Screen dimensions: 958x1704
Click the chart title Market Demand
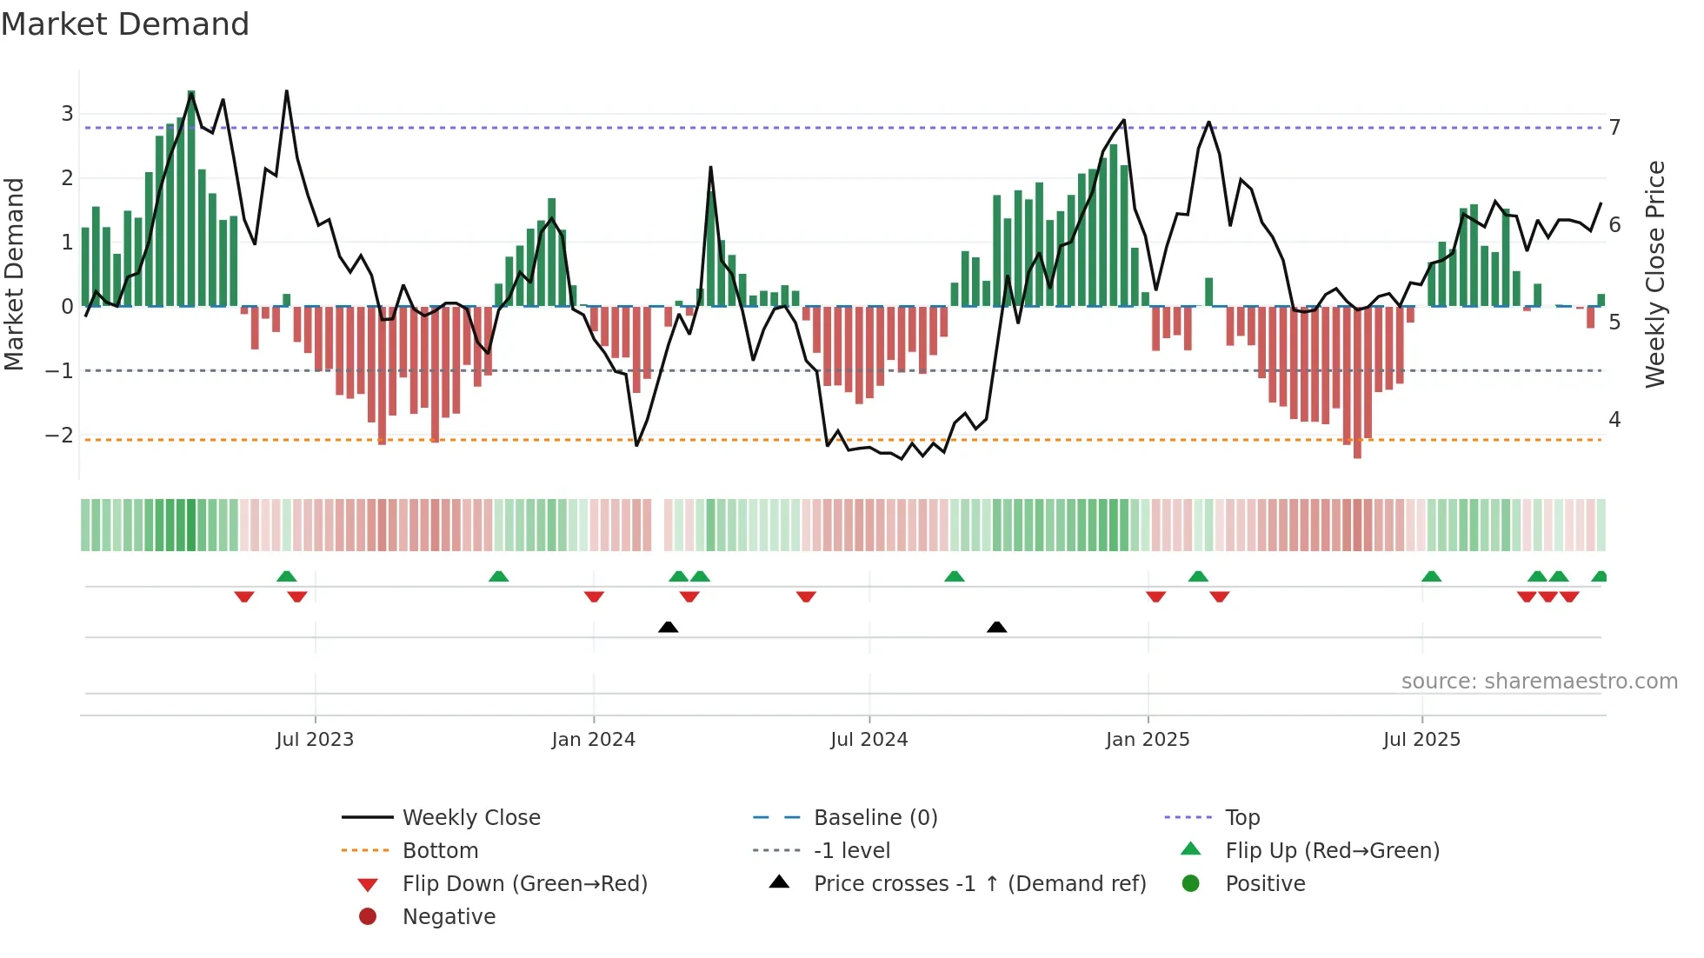click(x=125, y=24)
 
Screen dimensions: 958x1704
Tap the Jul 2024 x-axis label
click(x=869, y=740)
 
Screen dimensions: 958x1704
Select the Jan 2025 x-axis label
click(x=1147, y=740)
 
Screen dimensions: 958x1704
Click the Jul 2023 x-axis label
click(x=315, y=740)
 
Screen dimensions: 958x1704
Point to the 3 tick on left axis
click(x=67, y=113)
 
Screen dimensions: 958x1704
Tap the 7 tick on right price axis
click(x=1614, y=127)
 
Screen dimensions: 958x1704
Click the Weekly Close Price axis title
click(x=1655, y=274)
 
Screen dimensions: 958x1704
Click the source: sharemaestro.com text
click(x=1539, y=681)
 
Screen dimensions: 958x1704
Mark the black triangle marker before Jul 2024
click(x=668, y=627)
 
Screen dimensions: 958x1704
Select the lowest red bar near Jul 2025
click(x=1357, y=383)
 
